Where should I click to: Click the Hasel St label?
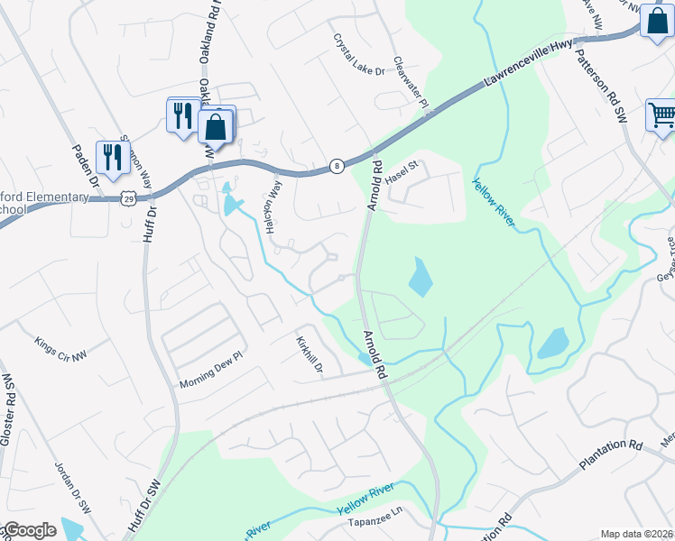point(403,172)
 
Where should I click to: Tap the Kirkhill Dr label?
point(310,355)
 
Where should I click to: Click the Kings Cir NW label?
point(61,350)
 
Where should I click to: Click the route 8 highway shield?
point(336,165)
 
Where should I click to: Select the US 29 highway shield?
point(130,197)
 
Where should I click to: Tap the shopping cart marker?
point(661,116)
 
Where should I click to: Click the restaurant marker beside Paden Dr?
point(112,158)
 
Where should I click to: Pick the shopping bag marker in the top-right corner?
point(656,20)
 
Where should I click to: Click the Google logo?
point(30,530)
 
